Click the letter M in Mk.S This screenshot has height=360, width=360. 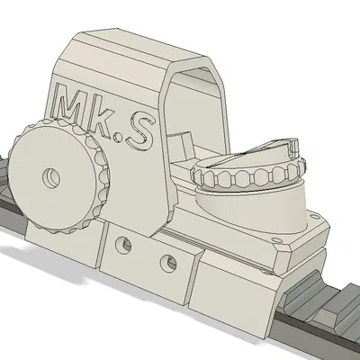pyautogui.click(x=72, y=106)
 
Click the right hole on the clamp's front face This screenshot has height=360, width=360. pyautogui.click(x=166, y=263)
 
